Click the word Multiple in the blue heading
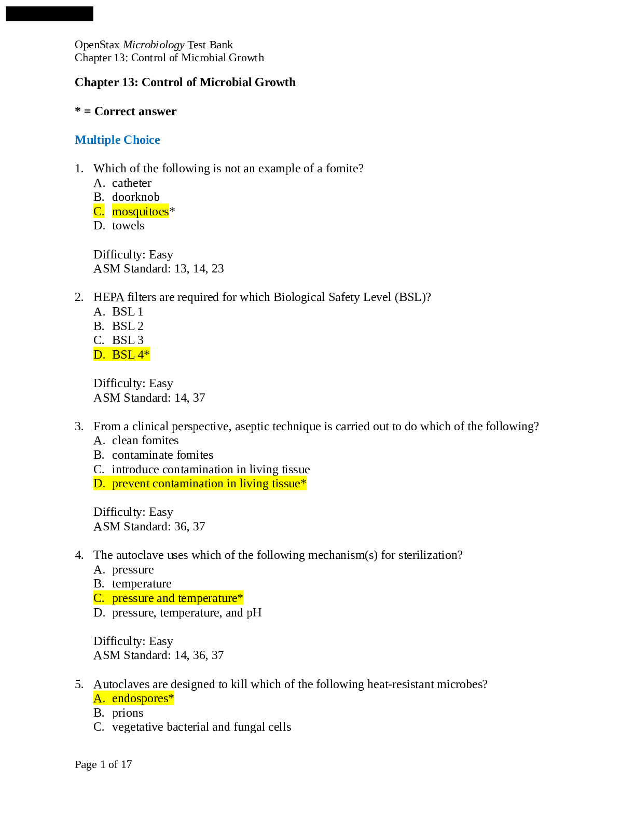click(x=98, y=140)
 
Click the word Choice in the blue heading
click(x=142, y=140)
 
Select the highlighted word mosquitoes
click(x=141, y=212)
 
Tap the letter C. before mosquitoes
click(x=99, y=212)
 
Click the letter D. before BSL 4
click(x=99, y=355)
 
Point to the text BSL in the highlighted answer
click(x=123, y=355)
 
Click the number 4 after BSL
click(x=141, y=355)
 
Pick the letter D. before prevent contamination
click(x=99, y=484)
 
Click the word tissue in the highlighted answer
click(x=285, y=484)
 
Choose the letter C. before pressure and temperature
click(x=99, y=598)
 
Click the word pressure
click(x=133, y=598)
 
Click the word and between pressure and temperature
click(x=165, y=598)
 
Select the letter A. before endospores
click(x=99, y=698)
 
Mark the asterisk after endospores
click(x=172, y=697)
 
